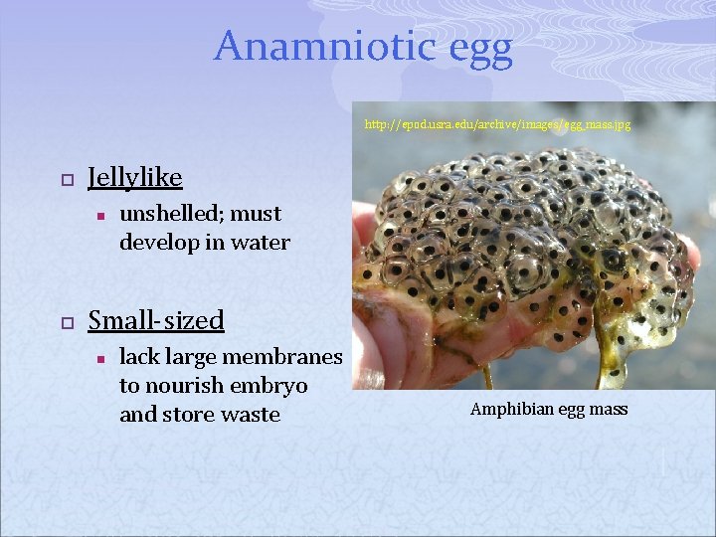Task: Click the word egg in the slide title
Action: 473,48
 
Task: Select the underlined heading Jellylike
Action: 135,177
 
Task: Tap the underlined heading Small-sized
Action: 156,320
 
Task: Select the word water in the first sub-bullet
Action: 262,242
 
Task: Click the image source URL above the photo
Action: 497,125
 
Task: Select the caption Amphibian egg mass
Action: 549,409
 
